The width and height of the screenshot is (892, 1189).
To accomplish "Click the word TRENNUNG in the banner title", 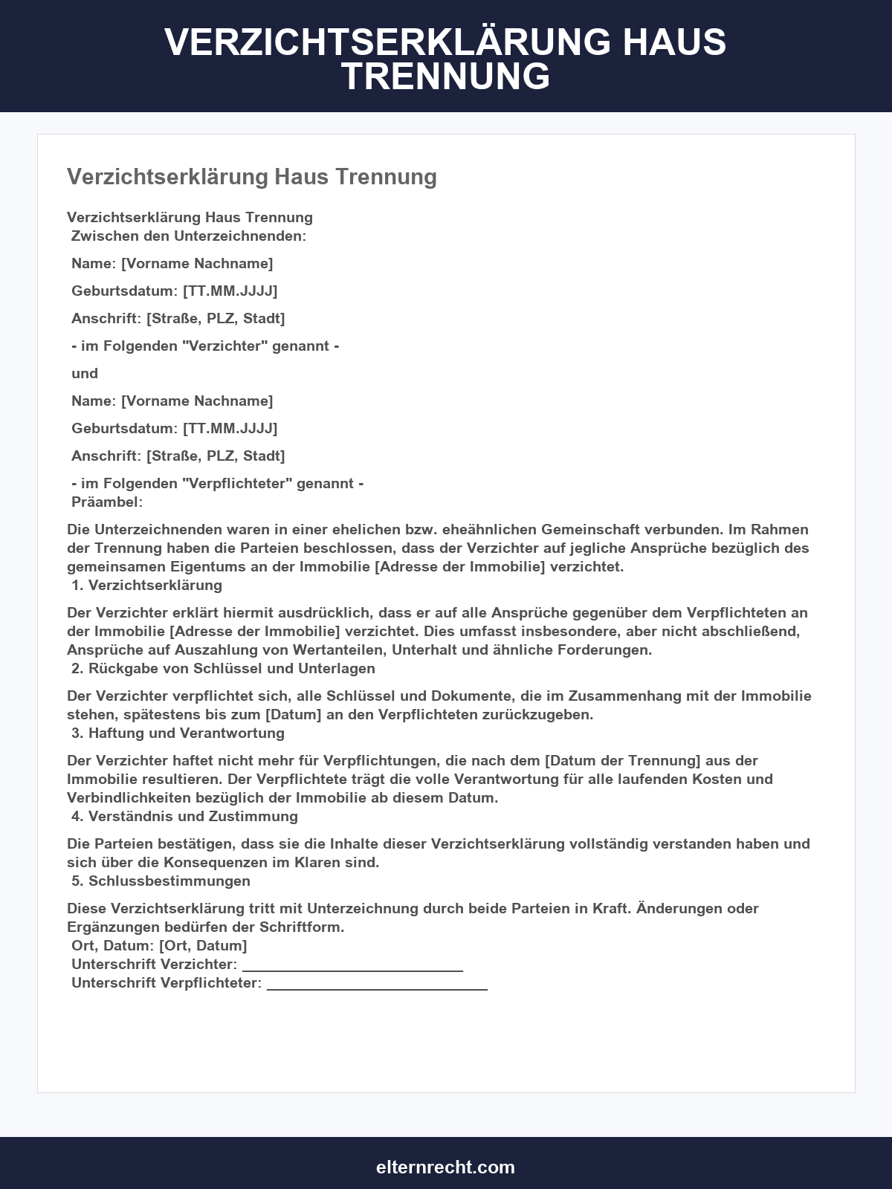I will coord(445,77).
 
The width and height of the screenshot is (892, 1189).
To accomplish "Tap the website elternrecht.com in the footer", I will coord(445,1167).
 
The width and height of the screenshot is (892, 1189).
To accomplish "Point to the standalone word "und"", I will coord(85,373).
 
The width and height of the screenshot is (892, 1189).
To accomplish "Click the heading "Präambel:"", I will coord(107,502).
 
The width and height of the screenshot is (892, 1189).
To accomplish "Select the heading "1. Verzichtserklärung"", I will coord(147,585).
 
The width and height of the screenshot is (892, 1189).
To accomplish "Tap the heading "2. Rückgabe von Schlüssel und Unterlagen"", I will coord(223,668).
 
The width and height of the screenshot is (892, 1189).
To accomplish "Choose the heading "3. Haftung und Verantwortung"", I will coord(178,733).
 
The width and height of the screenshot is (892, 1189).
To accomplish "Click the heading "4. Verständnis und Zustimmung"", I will coord(184,816).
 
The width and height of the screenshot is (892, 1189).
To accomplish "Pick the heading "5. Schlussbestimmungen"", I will coord(161,881).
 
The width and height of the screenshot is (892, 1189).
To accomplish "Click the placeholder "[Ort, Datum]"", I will coord(203,945).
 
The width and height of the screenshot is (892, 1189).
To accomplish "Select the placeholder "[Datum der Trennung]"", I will coord(623,760).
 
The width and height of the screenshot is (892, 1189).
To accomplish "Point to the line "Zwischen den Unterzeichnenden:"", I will coord(189,236).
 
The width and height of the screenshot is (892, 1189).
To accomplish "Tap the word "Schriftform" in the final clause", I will coord(300,927).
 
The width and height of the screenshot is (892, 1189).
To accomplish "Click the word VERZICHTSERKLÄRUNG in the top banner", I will coord(387,42).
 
